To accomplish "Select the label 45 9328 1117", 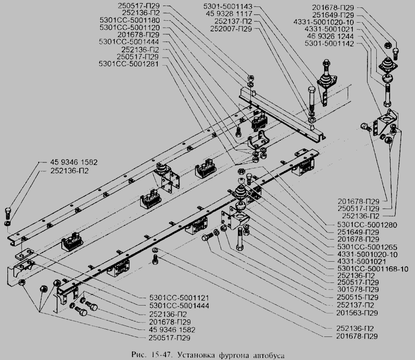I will point(234,15).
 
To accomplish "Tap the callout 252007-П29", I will point(233,29).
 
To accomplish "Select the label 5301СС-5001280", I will point(364,225).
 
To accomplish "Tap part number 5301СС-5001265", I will point(364,247).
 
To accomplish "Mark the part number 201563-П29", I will point(357,312).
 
